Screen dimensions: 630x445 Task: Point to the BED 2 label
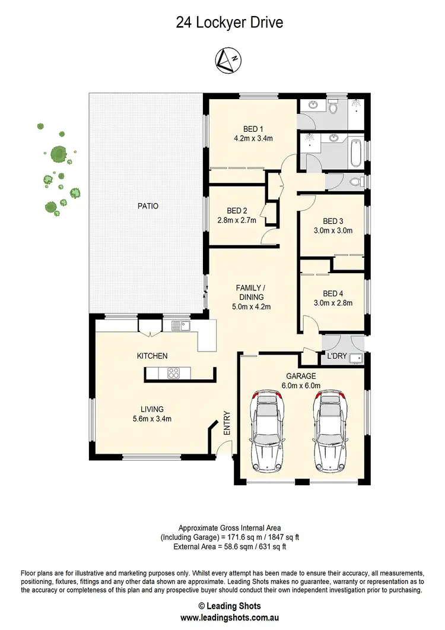click(237, 211)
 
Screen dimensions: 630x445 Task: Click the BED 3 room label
click(332, 220)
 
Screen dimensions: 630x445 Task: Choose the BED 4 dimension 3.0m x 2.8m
click(332, 302)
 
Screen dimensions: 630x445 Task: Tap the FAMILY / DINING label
click(249, 292)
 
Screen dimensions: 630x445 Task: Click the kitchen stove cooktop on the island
click(174, 373)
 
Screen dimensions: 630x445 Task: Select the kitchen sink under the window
click(180, 325)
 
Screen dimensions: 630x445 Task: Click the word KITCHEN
click(152, 356)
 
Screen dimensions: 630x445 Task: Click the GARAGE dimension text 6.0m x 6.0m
click(301, 385)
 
